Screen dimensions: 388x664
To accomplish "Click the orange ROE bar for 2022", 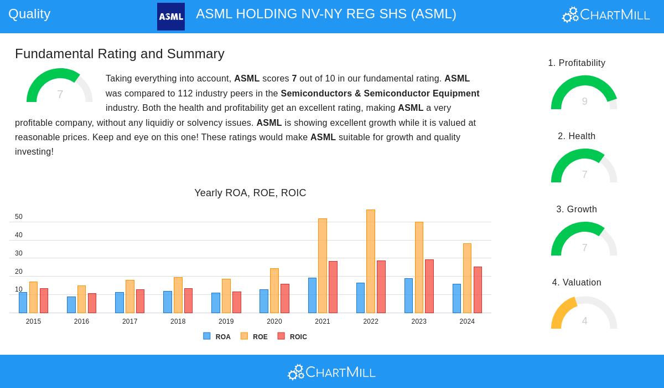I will (x=371, y=261).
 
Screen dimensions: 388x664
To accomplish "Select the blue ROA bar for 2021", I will (x=312, y=295).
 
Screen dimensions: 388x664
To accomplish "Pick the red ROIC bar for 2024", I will (x=478, y=290).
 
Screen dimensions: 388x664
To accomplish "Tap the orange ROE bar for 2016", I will (x=81, y=299).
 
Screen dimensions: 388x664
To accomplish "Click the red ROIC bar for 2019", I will (x=237, y=302).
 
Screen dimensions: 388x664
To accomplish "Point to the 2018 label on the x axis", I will (x=178, y=321).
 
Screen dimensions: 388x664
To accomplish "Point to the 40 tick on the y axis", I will (x=19, y=235).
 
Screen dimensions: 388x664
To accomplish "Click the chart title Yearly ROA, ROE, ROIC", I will (x=250, y=193).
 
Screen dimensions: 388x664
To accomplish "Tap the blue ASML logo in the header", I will (x=171, y=17).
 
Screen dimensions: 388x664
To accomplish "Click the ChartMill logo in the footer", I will (x=332, y=372).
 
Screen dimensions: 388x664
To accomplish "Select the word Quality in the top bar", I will (x=29, y=14).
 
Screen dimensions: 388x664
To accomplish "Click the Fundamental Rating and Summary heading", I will (x=120, y=54).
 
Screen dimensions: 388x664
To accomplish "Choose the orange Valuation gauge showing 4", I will (x=584, y=313).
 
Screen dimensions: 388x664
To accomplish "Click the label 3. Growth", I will (x=577, y=209).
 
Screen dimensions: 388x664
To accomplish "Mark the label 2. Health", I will (x=577, y=136).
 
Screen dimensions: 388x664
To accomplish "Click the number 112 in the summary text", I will (x=185, y=93).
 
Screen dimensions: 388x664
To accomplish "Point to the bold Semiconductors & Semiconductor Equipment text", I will (x=380, y=93).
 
